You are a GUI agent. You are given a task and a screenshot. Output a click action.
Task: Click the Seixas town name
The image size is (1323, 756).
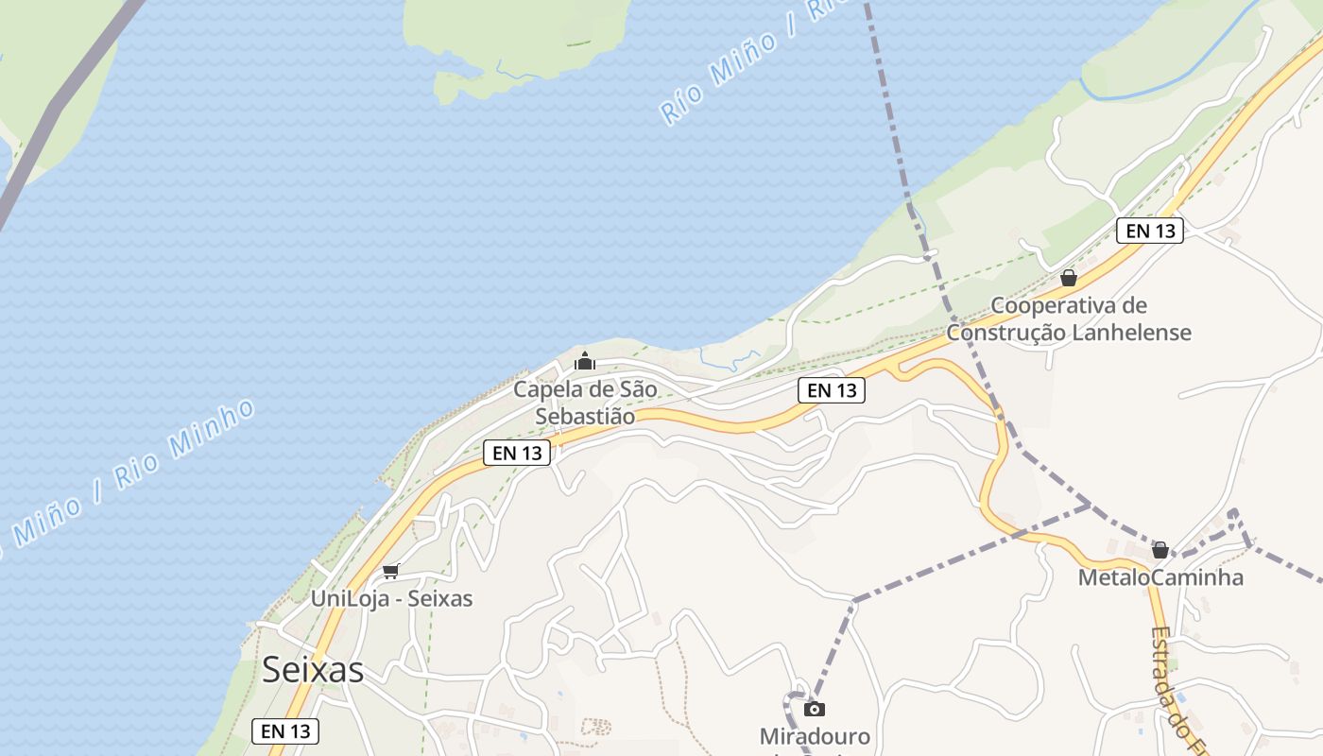click(313, 670)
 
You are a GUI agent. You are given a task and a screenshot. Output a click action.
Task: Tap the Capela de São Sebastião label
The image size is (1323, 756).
click(585, 403)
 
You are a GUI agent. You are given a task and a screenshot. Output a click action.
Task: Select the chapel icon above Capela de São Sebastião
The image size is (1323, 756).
click(585, 361)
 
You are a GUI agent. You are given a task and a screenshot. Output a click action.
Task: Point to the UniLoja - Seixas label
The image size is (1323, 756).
click(391, 599)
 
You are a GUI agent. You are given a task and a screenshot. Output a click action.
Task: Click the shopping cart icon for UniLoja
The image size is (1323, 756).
click(390, 571)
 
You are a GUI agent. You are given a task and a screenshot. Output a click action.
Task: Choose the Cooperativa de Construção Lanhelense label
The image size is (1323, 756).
click(1069, 319)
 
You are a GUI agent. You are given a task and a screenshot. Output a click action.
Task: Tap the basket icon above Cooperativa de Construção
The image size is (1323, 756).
click(1069, 278)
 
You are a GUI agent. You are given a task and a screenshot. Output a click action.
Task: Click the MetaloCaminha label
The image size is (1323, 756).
click(1160, 577)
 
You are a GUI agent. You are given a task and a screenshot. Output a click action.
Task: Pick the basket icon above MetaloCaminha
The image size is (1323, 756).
click(1160, 550)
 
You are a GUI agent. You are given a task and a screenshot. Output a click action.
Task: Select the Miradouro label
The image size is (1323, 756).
click(815, 736)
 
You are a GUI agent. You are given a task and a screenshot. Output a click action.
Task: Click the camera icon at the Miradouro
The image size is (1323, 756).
click(815, 709)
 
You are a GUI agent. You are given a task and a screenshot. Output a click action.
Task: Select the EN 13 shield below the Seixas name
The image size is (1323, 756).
click(285, 730)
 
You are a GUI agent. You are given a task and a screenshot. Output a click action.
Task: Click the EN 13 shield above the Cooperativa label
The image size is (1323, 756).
click(1150, 231)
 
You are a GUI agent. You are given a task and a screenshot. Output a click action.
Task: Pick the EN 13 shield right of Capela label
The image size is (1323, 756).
click(832, 389)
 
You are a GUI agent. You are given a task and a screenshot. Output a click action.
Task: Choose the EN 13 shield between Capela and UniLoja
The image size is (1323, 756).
click(517, 453)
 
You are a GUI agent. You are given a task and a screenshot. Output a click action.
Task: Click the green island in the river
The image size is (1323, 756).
click(515, 38)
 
